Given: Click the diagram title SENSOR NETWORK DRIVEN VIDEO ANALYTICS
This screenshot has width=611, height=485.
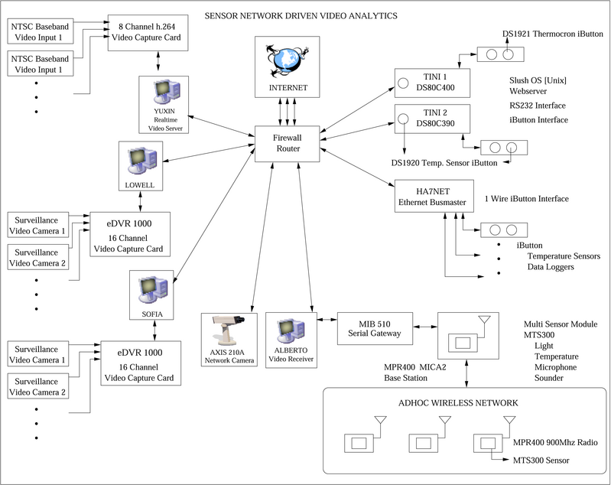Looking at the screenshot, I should [301, 15].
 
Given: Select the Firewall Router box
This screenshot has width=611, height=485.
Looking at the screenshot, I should [288, 142].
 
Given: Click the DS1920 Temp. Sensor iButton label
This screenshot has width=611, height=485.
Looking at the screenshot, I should [444, 162].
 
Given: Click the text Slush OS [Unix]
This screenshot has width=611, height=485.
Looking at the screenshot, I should [537, 80].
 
